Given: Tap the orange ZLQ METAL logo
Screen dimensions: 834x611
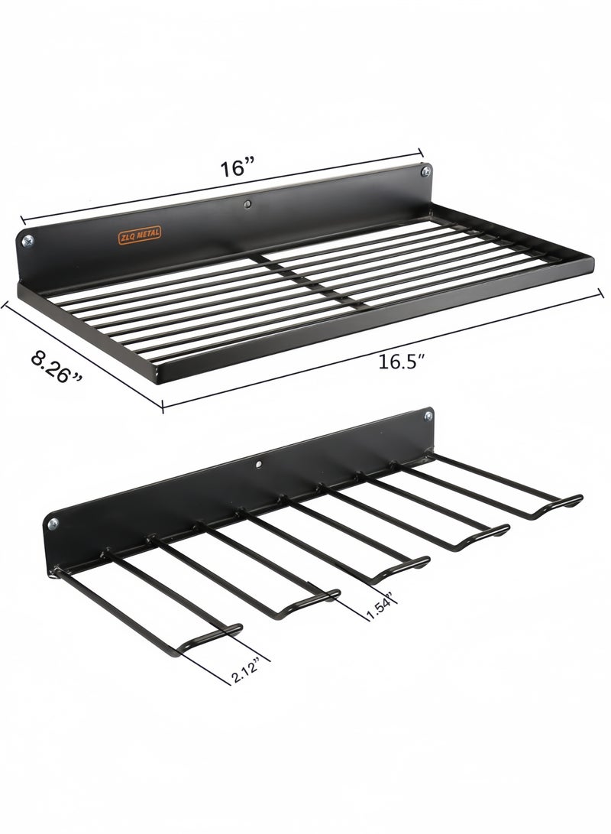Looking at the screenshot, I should click(139, 232).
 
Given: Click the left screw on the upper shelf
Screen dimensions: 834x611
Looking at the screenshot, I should click(27, 241).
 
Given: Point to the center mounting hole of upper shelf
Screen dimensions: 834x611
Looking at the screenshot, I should click(248, 204).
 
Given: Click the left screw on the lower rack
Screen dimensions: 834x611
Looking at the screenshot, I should click(53, 524).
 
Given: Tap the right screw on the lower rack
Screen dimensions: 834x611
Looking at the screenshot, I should click(428, 417).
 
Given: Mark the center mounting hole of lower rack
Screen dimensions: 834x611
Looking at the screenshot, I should click(258, 463).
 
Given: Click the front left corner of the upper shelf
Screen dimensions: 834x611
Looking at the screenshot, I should click(162, 377).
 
